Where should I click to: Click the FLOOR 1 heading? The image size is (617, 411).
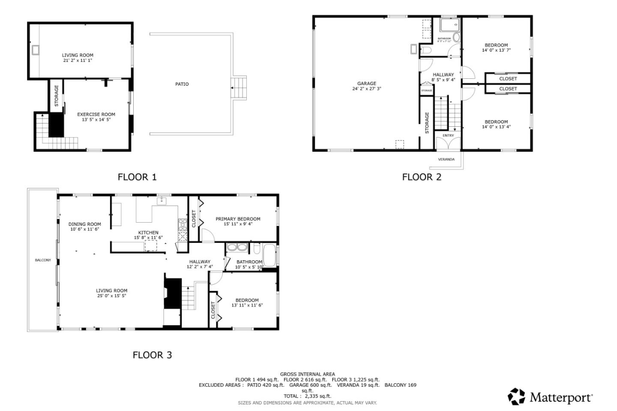(x=137, y=177)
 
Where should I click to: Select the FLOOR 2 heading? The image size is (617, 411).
(x=422, y=177)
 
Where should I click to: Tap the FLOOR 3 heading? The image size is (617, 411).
(x=152, y=355)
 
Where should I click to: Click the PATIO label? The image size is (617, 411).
(x=182, y=84)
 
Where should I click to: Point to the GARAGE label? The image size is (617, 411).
(x=367, y=83)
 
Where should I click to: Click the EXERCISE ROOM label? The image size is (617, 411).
(x=96, y=114)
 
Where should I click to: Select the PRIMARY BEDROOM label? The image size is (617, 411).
(x=238, y=219)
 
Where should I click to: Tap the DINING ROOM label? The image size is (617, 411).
(x=85, y=224)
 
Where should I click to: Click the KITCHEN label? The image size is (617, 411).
(x=148, y=232)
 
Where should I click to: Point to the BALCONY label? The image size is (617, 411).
(x=43, y=260)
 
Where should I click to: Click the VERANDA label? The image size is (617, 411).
(x=446, y=159)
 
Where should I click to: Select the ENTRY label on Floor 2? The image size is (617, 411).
(x=448, y=135)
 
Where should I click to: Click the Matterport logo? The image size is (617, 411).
(x=550, y=397)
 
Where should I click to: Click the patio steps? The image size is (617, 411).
(x=239, y=88)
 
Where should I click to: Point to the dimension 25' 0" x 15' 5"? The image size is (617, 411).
(x=111, y=295)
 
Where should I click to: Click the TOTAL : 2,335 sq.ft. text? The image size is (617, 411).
(x=307, y=396)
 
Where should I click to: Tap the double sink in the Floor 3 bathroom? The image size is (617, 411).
(x=237, y=247)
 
